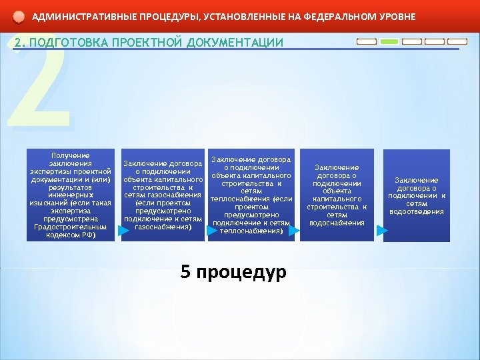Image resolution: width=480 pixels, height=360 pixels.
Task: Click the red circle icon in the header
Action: [x=19, y=17]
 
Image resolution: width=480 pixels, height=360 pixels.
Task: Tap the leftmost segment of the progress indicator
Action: [x=367, y=41]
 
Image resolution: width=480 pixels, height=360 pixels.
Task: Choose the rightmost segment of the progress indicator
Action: [x=457, y=41]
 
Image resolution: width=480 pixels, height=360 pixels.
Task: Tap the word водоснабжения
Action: [x=337, y=223]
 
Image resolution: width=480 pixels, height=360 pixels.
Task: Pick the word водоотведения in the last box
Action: [x=416, y=212]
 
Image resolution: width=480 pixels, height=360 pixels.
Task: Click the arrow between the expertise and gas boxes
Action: [x=123, y=231]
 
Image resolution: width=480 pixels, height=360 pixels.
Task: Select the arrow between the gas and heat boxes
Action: [x=211, y=231]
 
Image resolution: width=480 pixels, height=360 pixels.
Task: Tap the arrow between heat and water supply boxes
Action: [x=294, y=231]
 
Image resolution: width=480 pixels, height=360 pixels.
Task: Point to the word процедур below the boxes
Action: [x=242, y=273]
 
